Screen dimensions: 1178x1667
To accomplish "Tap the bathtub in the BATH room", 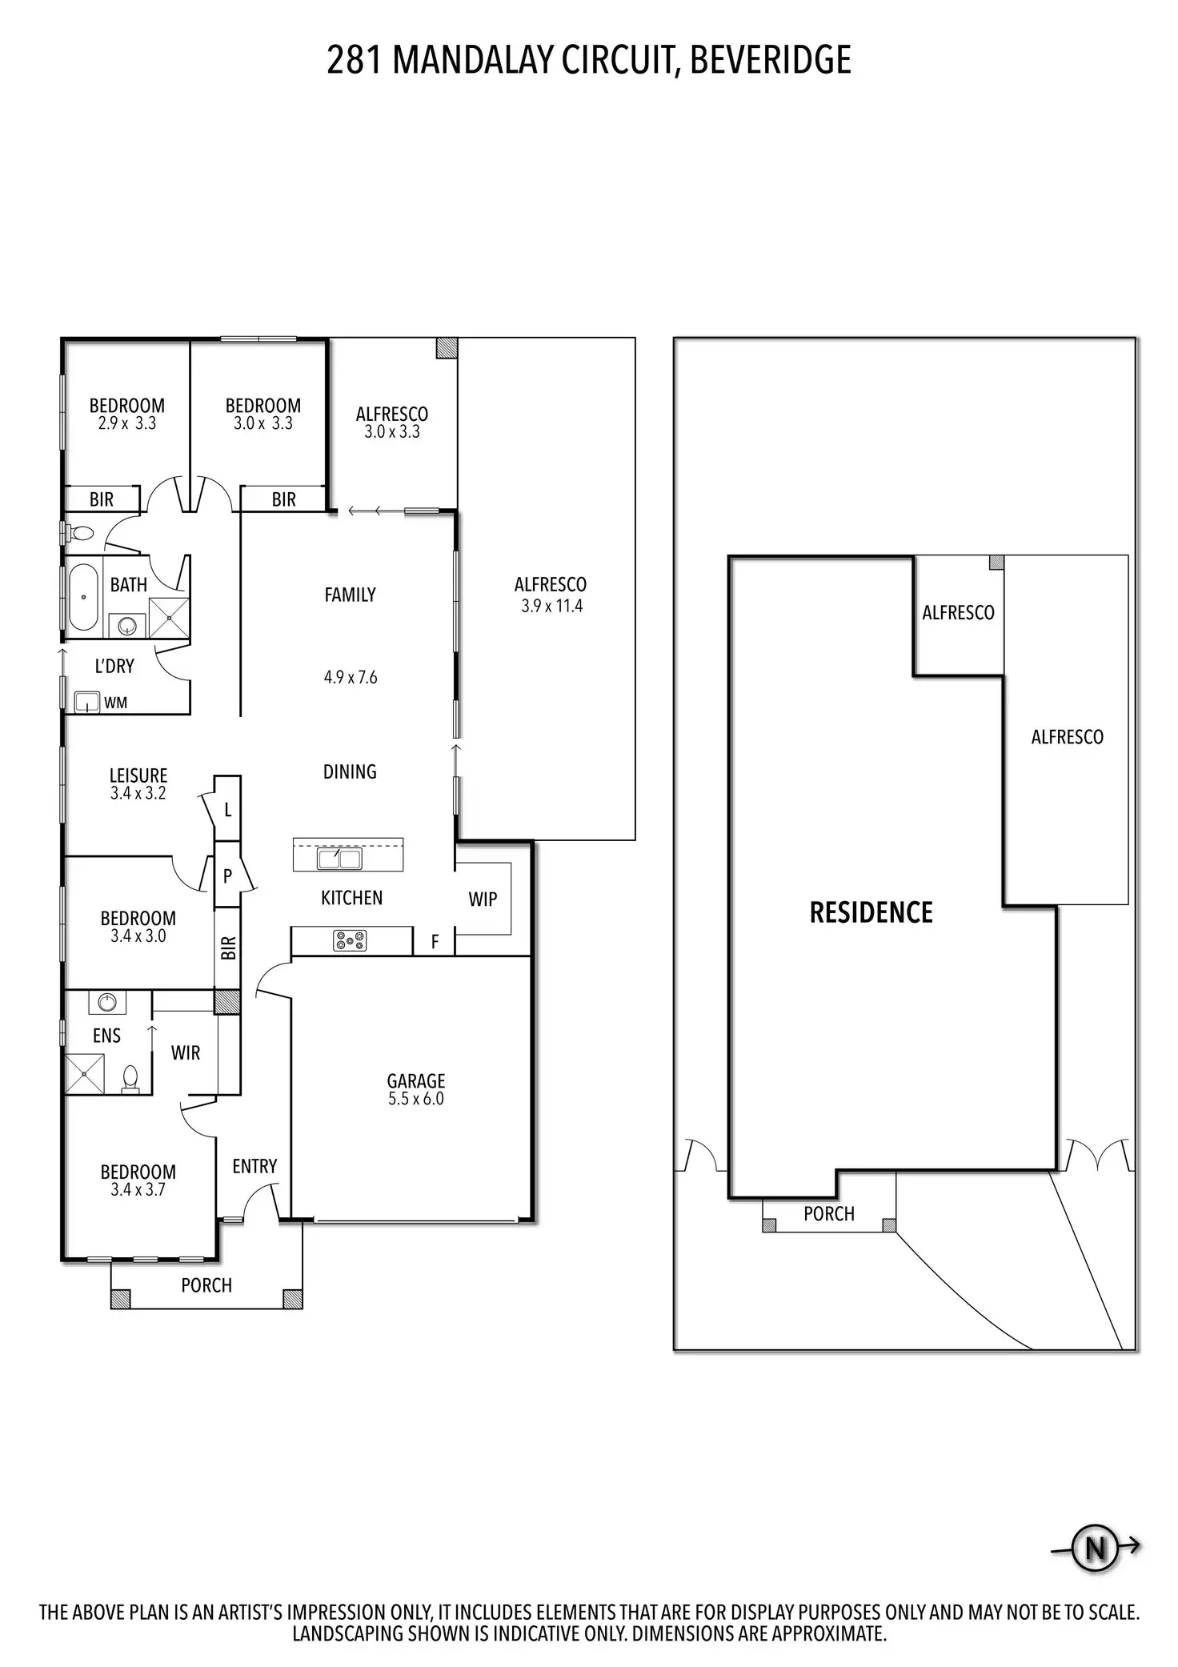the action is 83,597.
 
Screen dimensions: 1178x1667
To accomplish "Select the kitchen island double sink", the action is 339,859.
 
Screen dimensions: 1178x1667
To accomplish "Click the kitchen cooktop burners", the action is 350,941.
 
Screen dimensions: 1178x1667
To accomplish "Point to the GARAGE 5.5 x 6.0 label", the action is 415,1089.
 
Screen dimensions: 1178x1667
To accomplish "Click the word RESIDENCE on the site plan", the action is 871,912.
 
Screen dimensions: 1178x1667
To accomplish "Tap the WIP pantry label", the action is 483,900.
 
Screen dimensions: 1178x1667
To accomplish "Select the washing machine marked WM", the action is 86,703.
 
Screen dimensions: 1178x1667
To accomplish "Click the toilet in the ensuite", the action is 130,1079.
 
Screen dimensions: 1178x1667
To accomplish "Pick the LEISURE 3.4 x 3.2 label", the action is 138,784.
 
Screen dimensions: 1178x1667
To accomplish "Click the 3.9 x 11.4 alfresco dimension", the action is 551,606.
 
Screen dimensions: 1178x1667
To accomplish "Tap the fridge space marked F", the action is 435,942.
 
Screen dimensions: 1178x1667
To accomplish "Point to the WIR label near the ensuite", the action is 185,1053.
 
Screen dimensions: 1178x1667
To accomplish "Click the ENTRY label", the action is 254,1167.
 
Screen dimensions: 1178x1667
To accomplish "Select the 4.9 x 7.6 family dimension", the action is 350,677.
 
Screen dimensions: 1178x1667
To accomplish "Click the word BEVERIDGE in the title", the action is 770,60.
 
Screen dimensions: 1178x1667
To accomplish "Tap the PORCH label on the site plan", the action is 828,1214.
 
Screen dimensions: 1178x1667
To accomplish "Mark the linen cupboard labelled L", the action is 228,810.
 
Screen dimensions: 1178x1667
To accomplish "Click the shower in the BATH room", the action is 169,618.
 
